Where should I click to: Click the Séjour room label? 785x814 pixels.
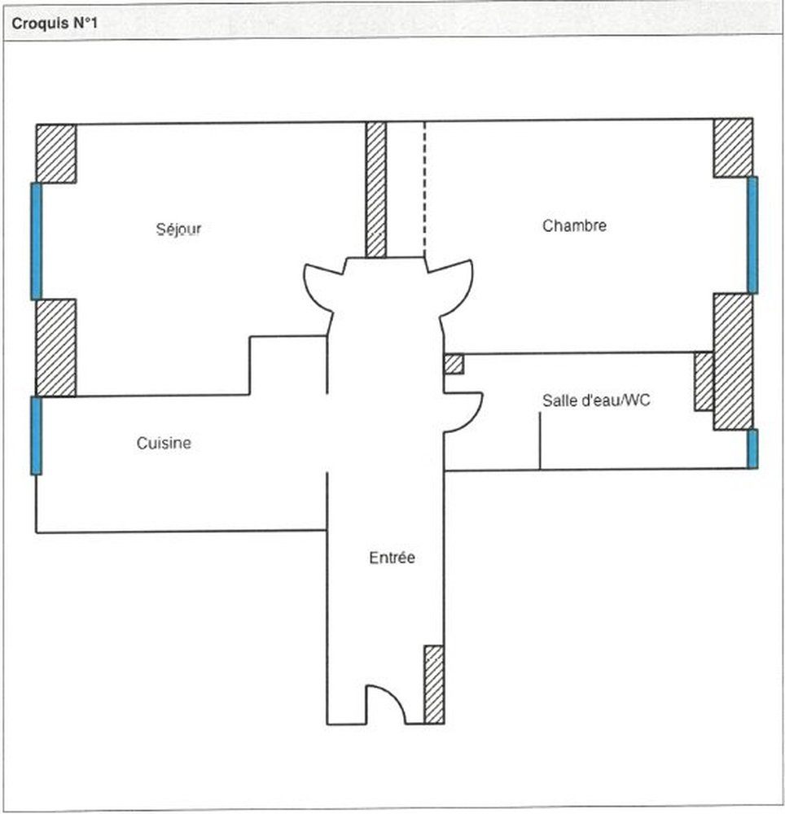[178, 229]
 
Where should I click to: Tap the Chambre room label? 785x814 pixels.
[574, 225]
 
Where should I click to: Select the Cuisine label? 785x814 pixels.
[164, 443]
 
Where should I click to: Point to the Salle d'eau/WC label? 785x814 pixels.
[596, 400]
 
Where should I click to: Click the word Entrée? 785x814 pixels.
[392, 558]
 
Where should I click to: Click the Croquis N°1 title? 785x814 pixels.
[55, 24]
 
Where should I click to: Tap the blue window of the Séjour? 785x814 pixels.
[36, 242]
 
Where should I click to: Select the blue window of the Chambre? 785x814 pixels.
[752, 235]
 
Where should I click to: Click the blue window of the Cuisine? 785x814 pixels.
[36, 435]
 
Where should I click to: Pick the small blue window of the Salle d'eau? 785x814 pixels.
[752, 449]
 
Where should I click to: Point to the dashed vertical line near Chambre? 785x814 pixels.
[425, 189]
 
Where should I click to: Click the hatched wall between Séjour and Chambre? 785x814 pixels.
[376, 190]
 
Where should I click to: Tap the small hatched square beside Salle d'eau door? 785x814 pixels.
[454, 364]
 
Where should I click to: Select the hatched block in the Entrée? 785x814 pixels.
[434, 685]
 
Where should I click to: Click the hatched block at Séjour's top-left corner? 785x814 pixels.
[56, 154]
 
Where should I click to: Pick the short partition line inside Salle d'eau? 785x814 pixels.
[540, 441]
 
